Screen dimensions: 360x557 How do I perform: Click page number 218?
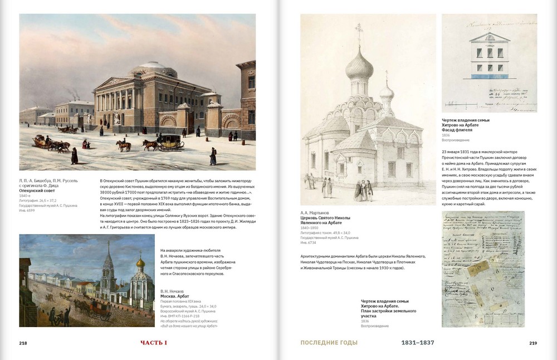[x=23, y=343]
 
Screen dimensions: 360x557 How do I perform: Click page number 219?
[x=533, y=343]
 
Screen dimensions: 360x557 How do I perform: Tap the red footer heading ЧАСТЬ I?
[x=154, y=343]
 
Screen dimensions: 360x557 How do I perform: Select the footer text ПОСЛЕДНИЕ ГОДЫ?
[x=329, y=343]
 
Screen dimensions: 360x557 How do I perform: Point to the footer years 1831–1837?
[x=418, y=343]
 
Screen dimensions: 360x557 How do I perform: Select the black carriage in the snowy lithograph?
[x=170, y=143]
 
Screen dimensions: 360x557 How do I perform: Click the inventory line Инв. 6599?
[x=27, y=210]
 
